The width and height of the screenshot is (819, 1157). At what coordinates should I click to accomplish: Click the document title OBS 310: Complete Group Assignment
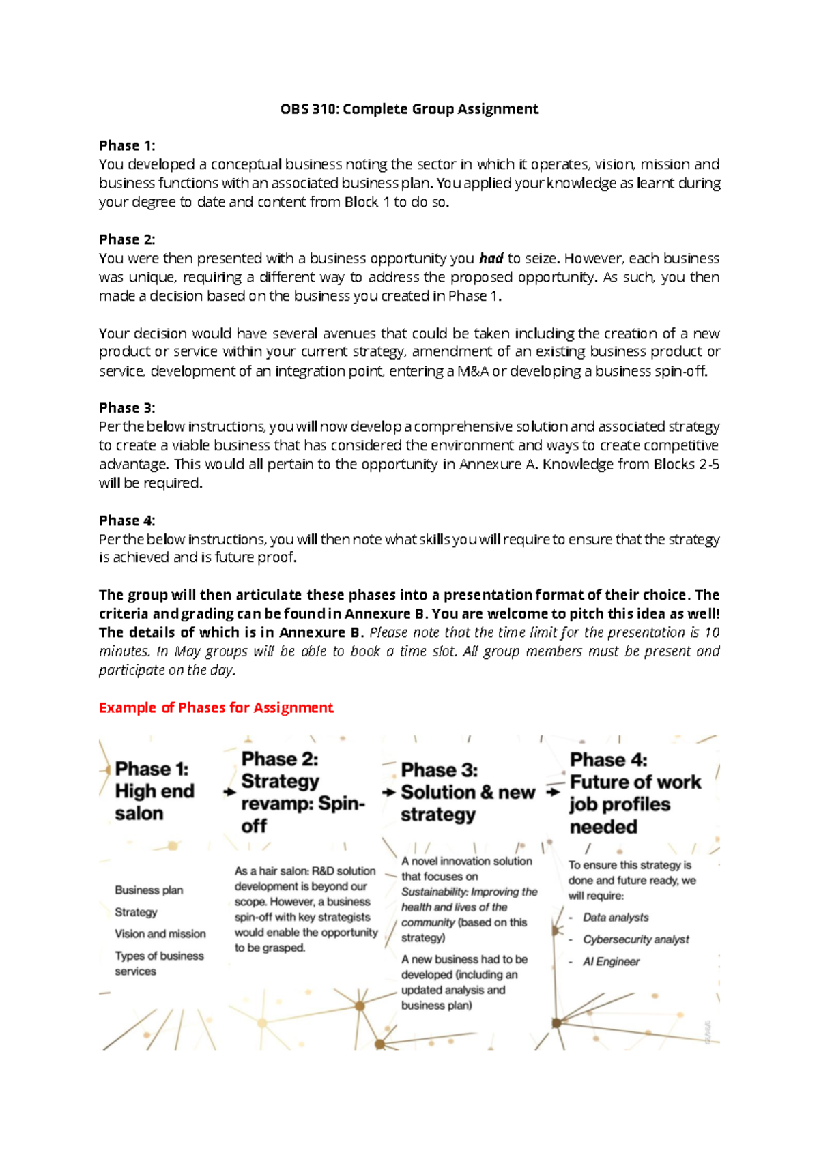pyautogui.click(x=409, y=109)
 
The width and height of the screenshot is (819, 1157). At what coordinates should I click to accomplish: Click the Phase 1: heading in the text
pyautogui.click(x=127, y=145)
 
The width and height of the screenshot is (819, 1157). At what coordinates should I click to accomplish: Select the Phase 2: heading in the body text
pyautogui.click(x=127, y=239)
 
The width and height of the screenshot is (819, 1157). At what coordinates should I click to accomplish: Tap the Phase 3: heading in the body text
pyautogui.click(x=127, y=408)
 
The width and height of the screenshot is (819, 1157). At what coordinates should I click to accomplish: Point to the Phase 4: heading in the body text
pyautogui.click(x=127, y=521)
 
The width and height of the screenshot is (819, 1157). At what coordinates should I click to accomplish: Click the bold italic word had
pyautogui.click(x=491, y=259)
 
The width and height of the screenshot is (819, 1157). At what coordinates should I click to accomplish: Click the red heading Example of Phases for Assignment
pyautogui.click(x=216, y=707)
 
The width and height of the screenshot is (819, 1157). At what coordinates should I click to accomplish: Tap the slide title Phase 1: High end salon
pyautogui.click(x=154, y=791)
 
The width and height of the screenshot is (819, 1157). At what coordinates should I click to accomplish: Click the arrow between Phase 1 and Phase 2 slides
pyautogui.click(x=229, y=792)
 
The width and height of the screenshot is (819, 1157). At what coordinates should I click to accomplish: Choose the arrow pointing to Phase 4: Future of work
pyautogui.click(x=553, y=793)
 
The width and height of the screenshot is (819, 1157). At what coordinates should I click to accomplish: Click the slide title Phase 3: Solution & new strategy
pyautogui.click(x=468, y=792)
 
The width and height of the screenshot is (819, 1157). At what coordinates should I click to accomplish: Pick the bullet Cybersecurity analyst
pyautogui.click(x=635, y=940)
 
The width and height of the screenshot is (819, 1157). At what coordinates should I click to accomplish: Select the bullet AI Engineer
pyautogui.click(x=611, y=962)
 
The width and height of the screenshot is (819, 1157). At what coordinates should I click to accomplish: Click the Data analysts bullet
pyautogui.click(x=616, y=918)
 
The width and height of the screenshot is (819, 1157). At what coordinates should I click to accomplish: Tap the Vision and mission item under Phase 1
pyautogui.click(x=160, y=934)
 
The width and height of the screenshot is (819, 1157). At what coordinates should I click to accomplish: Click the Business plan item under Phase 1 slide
pyautogui.click(x=149, y=890)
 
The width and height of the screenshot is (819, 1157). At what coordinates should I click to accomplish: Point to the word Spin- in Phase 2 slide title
pyautogui.click(x=341, y=804)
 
